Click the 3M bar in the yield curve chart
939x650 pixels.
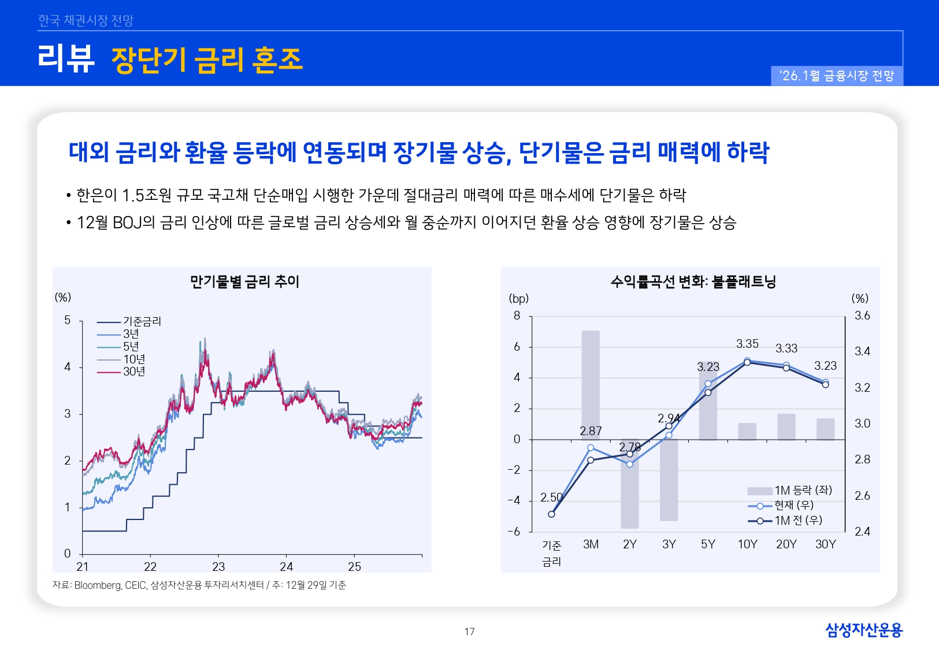[x=591, y=384]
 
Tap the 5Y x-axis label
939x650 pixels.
[x=708, y=544]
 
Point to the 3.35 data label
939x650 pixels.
[x=747, y=344]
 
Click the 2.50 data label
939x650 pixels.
[x=551, y=497]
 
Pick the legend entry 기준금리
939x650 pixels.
[x=142, y=321]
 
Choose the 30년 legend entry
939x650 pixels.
[x=134, y=372]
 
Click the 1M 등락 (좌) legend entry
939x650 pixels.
[x=803, y=491]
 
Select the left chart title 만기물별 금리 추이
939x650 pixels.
[x=244, y=281]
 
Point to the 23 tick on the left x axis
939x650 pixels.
[x=218, y=567]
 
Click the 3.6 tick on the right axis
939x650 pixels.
[x=862, y=315]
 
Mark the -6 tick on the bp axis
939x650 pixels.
[x=514, y=532]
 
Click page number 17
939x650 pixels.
[x=469, y=632]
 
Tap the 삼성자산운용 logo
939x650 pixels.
[x=863, y=630]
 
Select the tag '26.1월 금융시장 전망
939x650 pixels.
[x=837, y=76]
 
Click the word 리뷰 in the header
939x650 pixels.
[x=66, y=59]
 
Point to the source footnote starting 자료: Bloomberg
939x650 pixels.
[x=199, y=585]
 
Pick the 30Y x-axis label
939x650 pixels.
[x=825, y=544]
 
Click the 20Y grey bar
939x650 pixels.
[x=786, y=427]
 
